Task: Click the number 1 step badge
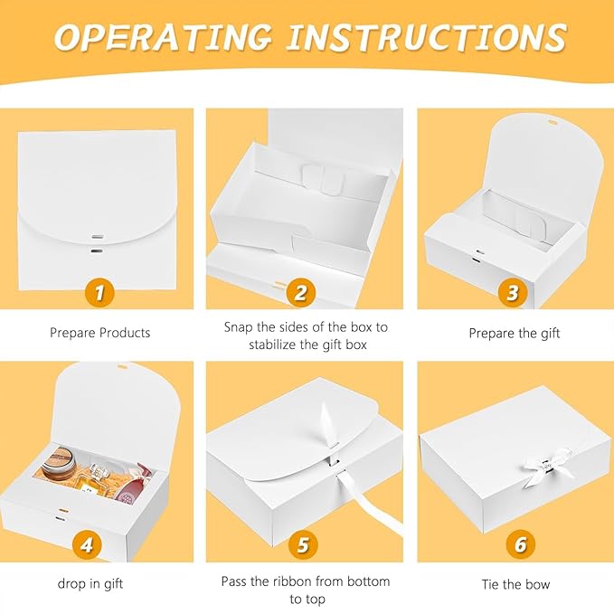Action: click(99, 292)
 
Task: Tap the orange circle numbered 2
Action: click(301, 292)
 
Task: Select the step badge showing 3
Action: click(513, 292)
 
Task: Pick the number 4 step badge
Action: click(87, 544)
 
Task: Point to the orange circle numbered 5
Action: click(304, 544)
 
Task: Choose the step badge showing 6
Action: click(521, 544)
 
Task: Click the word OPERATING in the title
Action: click(163, 37)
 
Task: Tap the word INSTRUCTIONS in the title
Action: click(427, 37)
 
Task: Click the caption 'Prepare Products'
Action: click(99, 333)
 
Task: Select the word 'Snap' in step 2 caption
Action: click(239, 327)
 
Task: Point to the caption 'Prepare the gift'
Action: click(515, 334)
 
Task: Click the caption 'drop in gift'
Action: click(90, 584)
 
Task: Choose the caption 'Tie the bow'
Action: click(516, 585)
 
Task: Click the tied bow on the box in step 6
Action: click(544, 468)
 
